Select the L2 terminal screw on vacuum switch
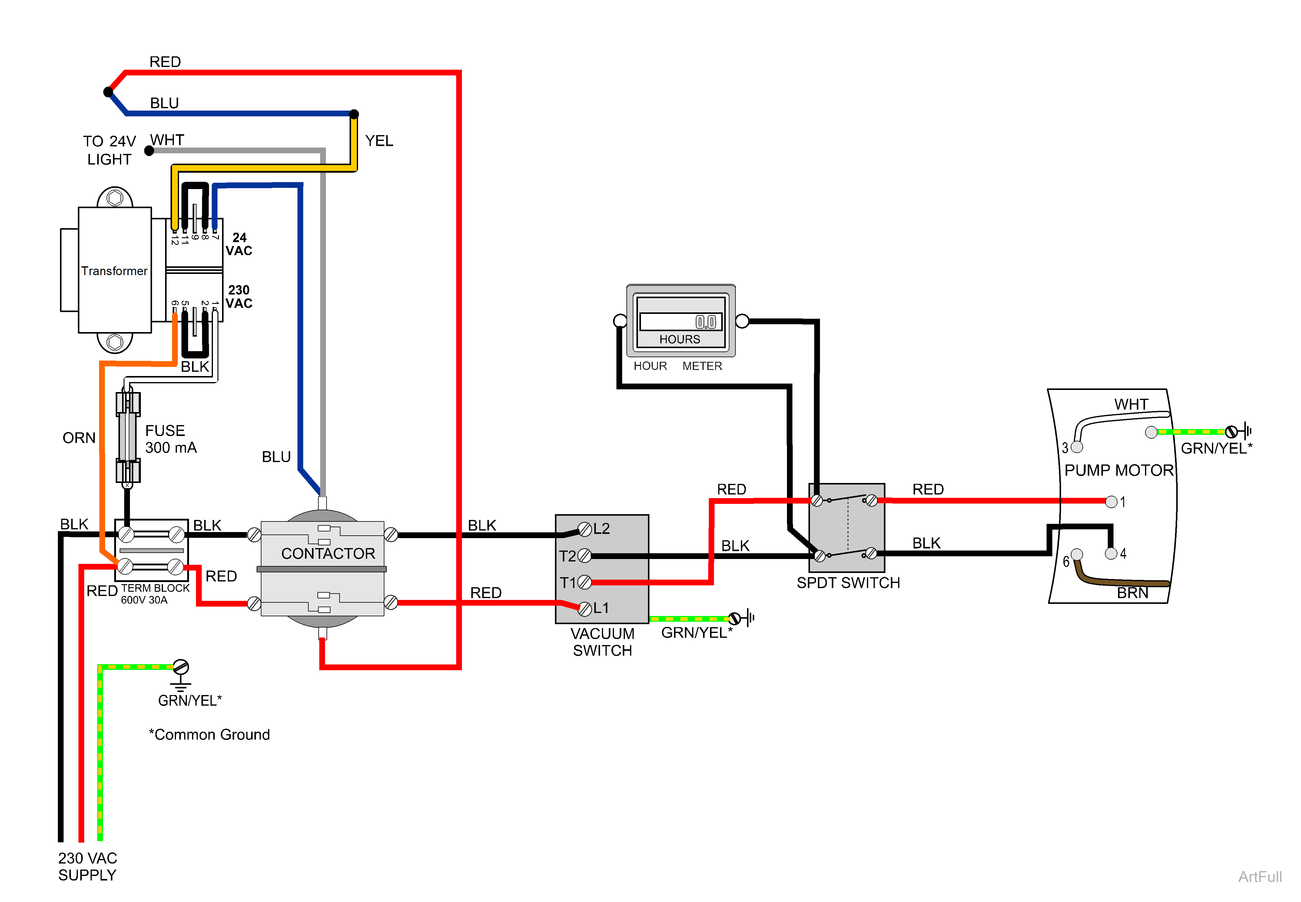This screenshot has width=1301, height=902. pyautogui.click(x=585, y=530)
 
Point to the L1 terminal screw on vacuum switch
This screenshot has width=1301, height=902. pyautogui.click(x=585, y=608)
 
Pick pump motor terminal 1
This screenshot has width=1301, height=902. pyautogui.click(x=1111, y=501)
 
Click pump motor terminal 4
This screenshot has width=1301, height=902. pyautogui.click(x=1111, y=553)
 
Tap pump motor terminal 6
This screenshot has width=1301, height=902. pyautogui.click(x=1077, y=554)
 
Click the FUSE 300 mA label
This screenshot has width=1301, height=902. pyautogui.click(x=171, y=439)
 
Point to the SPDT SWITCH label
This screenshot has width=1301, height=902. pyautogui.click(x=848, y=583)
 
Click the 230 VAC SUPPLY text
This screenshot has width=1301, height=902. pyautogui.click(x=88, y=866)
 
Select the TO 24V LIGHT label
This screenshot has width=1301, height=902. pyautogui.click(x=110, y=150)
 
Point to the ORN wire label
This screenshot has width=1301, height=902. pyautogui.click(x=79, y=438)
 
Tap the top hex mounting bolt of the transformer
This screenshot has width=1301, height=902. pyautogui.click(x=115, y=198)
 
